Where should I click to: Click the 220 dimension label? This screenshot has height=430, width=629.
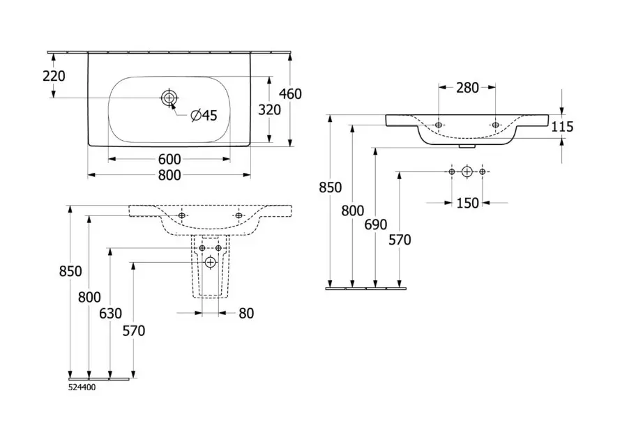pyautogui.click(x=54, y=75)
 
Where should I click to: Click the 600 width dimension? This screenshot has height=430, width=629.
pyautogui.click(x=169, y=159)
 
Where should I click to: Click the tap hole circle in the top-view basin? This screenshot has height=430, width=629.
pyautogui.click(x=169, y=98)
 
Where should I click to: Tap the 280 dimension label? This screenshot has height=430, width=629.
pyautogui.click(x=467, y=88)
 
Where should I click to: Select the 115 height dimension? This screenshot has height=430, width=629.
pyautogui.click(x=561, y=126)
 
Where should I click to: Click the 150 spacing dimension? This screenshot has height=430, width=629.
pyautogui.click(x=467, y=203)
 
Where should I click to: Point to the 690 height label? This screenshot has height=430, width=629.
pyautogui.click(x=375, y=224)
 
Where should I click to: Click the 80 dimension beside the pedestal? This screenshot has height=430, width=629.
pyautogui.click(x=245, y=314)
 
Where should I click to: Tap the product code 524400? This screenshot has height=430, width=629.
pyautogui.click(x=82, y=387)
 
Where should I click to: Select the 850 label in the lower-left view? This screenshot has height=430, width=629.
pyautogui.click(x=71, y=271)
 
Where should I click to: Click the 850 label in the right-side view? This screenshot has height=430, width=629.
pyautogui.click(x=331, y=187)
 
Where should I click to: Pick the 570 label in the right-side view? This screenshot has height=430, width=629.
pyautogui.click(x=400, y=240)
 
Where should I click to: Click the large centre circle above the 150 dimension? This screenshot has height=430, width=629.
pyautogui.click(x=467, y=171)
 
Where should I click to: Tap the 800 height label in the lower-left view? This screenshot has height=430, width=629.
pyautogui.click(x=89, y=297)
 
